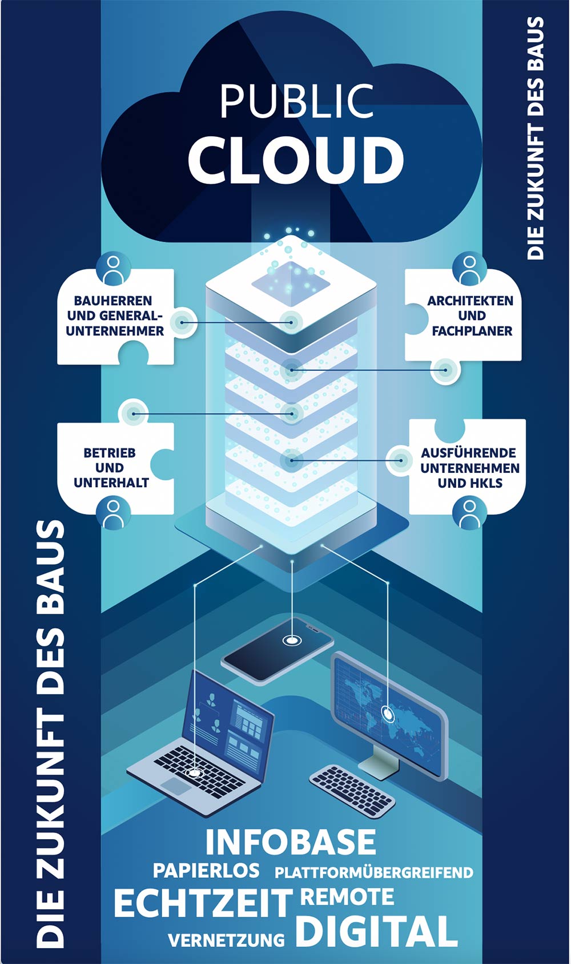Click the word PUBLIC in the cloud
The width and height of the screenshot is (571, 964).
296,102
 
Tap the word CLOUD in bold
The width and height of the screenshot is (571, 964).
296,159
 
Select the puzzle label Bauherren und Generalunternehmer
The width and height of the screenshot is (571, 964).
114,315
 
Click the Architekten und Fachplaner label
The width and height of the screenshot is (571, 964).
471,315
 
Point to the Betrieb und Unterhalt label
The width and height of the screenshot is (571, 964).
110,468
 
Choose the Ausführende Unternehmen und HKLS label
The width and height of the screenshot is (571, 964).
470,468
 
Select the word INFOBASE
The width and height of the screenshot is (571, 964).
291,842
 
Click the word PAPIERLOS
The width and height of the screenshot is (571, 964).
206,870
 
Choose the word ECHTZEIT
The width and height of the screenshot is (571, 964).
203,903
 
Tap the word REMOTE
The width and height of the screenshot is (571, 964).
347,897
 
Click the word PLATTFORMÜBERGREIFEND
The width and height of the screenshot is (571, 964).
374,873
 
